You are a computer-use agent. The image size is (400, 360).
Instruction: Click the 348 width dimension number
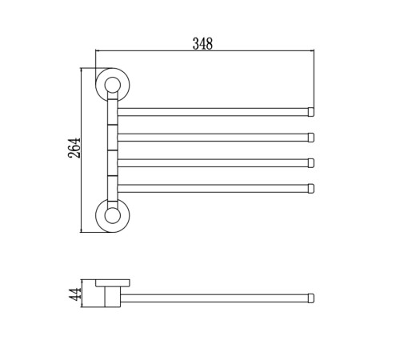[202, 44]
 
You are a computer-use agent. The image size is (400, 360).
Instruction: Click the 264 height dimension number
[74, 148]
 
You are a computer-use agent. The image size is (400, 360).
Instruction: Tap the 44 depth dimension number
[75, 294]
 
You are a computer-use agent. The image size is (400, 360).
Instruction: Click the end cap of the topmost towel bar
[311, 112]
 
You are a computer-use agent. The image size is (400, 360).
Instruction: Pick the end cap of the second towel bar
[311, 138]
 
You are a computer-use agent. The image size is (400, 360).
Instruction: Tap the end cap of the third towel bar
[311, 163]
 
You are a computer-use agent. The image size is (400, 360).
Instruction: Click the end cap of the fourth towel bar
[311, 189]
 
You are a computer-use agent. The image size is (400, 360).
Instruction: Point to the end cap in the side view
[311, 298]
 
